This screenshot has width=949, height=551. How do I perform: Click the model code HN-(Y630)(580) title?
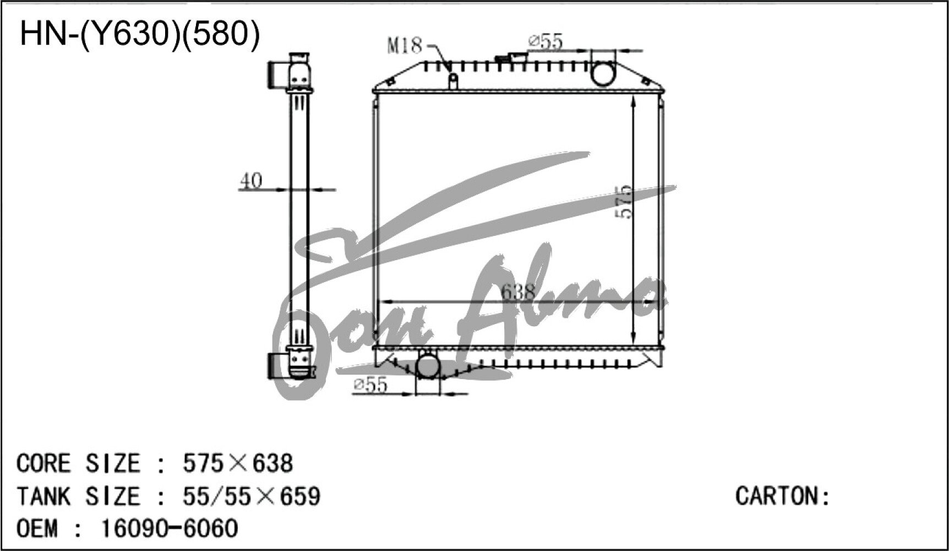click(139, 34)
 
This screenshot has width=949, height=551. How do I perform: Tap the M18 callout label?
click(404, 45)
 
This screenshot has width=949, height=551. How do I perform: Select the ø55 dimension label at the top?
click(545, 42)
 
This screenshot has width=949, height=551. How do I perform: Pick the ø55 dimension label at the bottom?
click(370, 385)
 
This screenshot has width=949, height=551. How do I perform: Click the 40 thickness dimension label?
click(251, 181)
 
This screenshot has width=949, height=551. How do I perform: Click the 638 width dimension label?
click(518, 292)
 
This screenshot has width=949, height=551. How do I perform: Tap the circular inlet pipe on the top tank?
click(603, 73)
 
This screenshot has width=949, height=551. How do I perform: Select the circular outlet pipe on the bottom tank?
click(428, 365)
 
